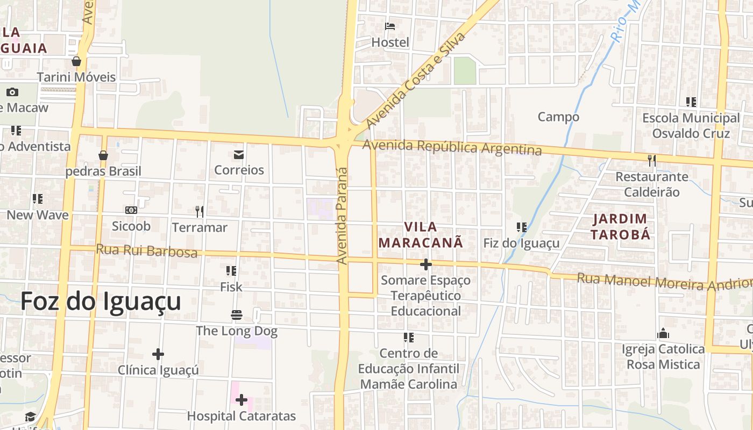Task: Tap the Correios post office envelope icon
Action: [x=239, y=155]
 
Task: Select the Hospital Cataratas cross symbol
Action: [x=241, y=400]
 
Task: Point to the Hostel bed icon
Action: [x=390, y=26]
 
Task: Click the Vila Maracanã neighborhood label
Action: [x=421, y=235]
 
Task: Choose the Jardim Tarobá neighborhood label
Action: [x=620, y=226]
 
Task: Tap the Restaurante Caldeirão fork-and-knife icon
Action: [x=651, y=160]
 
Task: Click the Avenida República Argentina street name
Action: [x=452, y=147]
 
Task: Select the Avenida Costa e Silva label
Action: [x=415, y=81]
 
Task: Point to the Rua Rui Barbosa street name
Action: [x=147, y=250]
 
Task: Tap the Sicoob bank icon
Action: [x=131, y=210]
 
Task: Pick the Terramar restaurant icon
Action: [x=200, y=212]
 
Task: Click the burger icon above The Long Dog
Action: [x=237, y=314]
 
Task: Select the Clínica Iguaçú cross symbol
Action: [x=158, y=354]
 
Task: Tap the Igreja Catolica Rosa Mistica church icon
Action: [x=663, y=333]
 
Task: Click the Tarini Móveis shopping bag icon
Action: [x=76, y=61]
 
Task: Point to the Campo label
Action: [x=558, y=117]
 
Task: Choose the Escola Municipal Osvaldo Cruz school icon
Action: [x=691, y=102]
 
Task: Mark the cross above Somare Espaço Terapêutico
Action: [x=425, y=264]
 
